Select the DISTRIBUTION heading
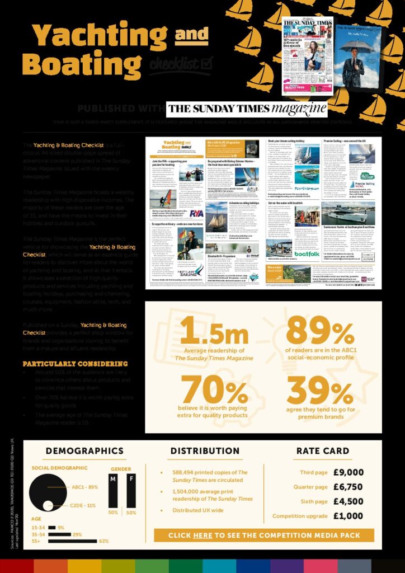tap(205, 451)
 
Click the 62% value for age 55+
tap(103, 541)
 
